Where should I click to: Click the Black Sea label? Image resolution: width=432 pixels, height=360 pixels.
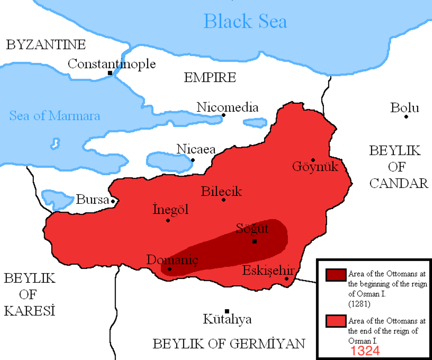[x=245, y=21]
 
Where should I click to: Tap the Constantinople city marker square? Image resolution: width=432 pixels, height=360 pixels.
[x=110, y=73]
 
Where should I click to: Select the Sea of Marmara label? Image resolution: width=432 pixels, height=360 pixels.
[x=55, y=116]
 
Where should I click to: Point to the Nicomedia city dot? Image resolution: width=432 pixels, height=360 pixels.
[x=224, y=115]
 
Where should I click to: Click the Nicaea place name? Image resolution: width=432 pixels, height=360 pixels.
[x=196, y=149]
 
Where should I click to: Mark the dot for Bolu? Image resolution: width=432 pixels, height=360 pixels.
[x=406, y=117]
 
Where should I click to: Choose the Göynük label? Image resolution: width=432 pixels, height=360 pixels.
[x=315, y=167]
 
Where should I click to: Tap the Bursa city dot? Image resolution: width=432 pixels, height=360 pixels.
[x=113, y=201]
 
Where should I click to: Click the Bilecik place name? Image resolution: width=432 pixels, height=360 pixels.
[x=221, y=191]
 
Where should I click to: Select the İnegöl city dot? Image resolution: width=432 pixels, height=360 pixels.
[x=168, y=220]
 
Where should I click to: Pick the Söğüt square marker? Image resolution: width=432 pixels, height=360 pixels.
[x=255, y=242]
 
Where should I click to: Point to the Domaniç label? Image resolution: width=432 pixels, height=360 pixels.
[x=172, y=260]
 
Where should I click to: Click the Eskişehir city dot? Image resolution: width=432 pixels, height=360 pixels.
[x=286, y=278]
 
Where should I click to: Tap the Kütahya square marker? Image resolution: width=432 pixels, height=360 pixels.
[x=227, y=311]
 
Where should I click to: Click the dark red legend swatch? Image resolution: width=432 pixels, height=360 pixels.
[x=336, y=275]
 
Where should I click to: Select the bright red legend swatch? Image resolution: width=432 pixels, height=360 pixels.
[x=336, y=321]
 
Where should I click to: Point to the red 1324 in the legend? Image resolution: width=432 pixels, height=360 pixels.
[x=365, y=351]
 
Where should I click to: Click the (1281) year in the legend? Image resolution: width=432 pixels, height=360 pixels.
[x=359, y=304]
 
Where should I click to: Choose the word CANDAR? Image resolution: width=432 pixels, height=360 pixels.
[x=399, y=183]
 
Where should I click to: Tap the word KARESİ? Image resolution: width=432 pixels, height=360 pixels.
[x=30, y=311]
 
